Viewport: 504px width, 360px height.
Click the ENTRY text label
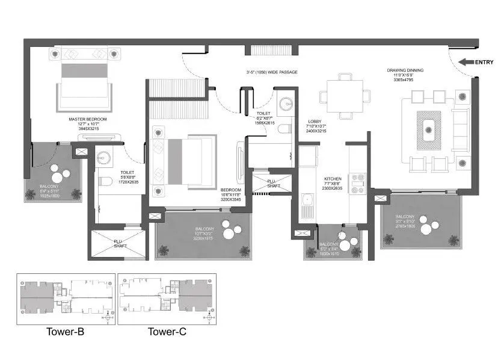coord(484,61)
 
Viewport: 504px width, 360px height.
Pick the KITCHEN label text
coord(333,179)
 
